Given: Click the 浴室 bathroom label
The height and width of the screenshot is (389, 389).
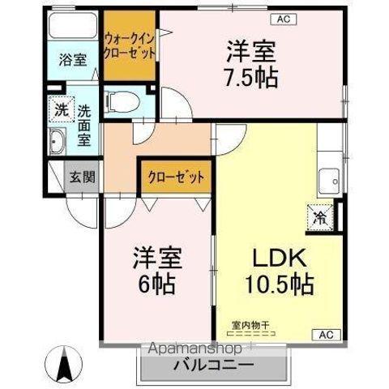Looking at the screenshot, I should (73, 58).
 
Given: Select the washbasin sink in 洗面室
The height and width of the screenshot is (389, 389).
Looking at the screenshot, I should (58, 144).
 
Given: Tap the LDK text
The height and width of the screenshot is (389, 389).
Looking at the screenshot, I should (280, 259).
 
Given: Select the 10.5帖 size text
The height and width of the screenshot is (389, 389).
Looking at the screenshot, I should (280, 285).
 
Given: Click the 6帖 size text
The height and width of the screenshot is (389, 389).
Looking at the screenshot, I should (158, 284).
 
